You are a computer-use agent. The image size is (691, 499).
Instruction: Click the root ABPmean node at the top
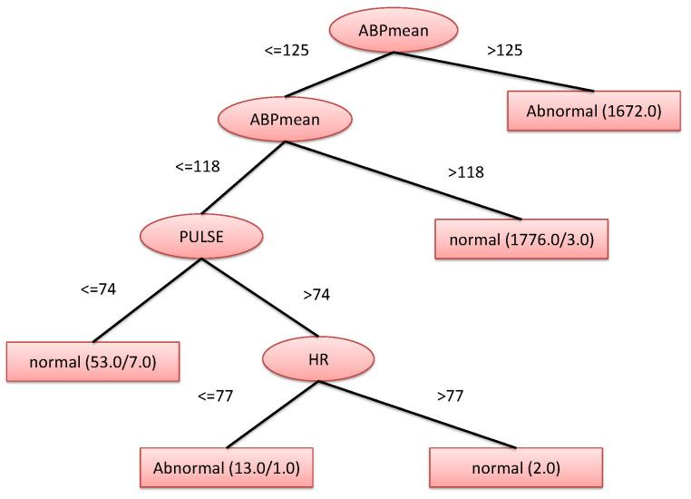click(x=393, y=32)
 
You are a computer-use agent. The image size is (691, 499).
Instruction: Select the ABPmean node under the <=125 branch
click(x=284, y=118)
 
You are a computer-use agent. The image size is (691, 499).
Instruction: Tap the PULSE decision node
click(x=201, y=237)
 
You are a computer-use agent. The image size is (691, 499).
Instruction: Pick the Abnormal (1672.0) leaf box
click(x=592, y=111)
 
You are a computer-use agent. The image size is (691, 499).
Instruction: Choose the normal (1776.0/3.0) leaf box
click(x=522, y=240)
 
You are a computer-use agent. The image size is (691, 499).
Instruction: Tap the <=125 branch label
click(x=287, y=50)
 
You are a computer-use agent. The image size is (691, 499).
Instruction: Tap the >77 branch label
click(x=451, y=396)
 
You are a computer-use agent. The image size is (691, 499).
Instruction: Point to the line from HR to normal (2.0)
click(x=417, y=414)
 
